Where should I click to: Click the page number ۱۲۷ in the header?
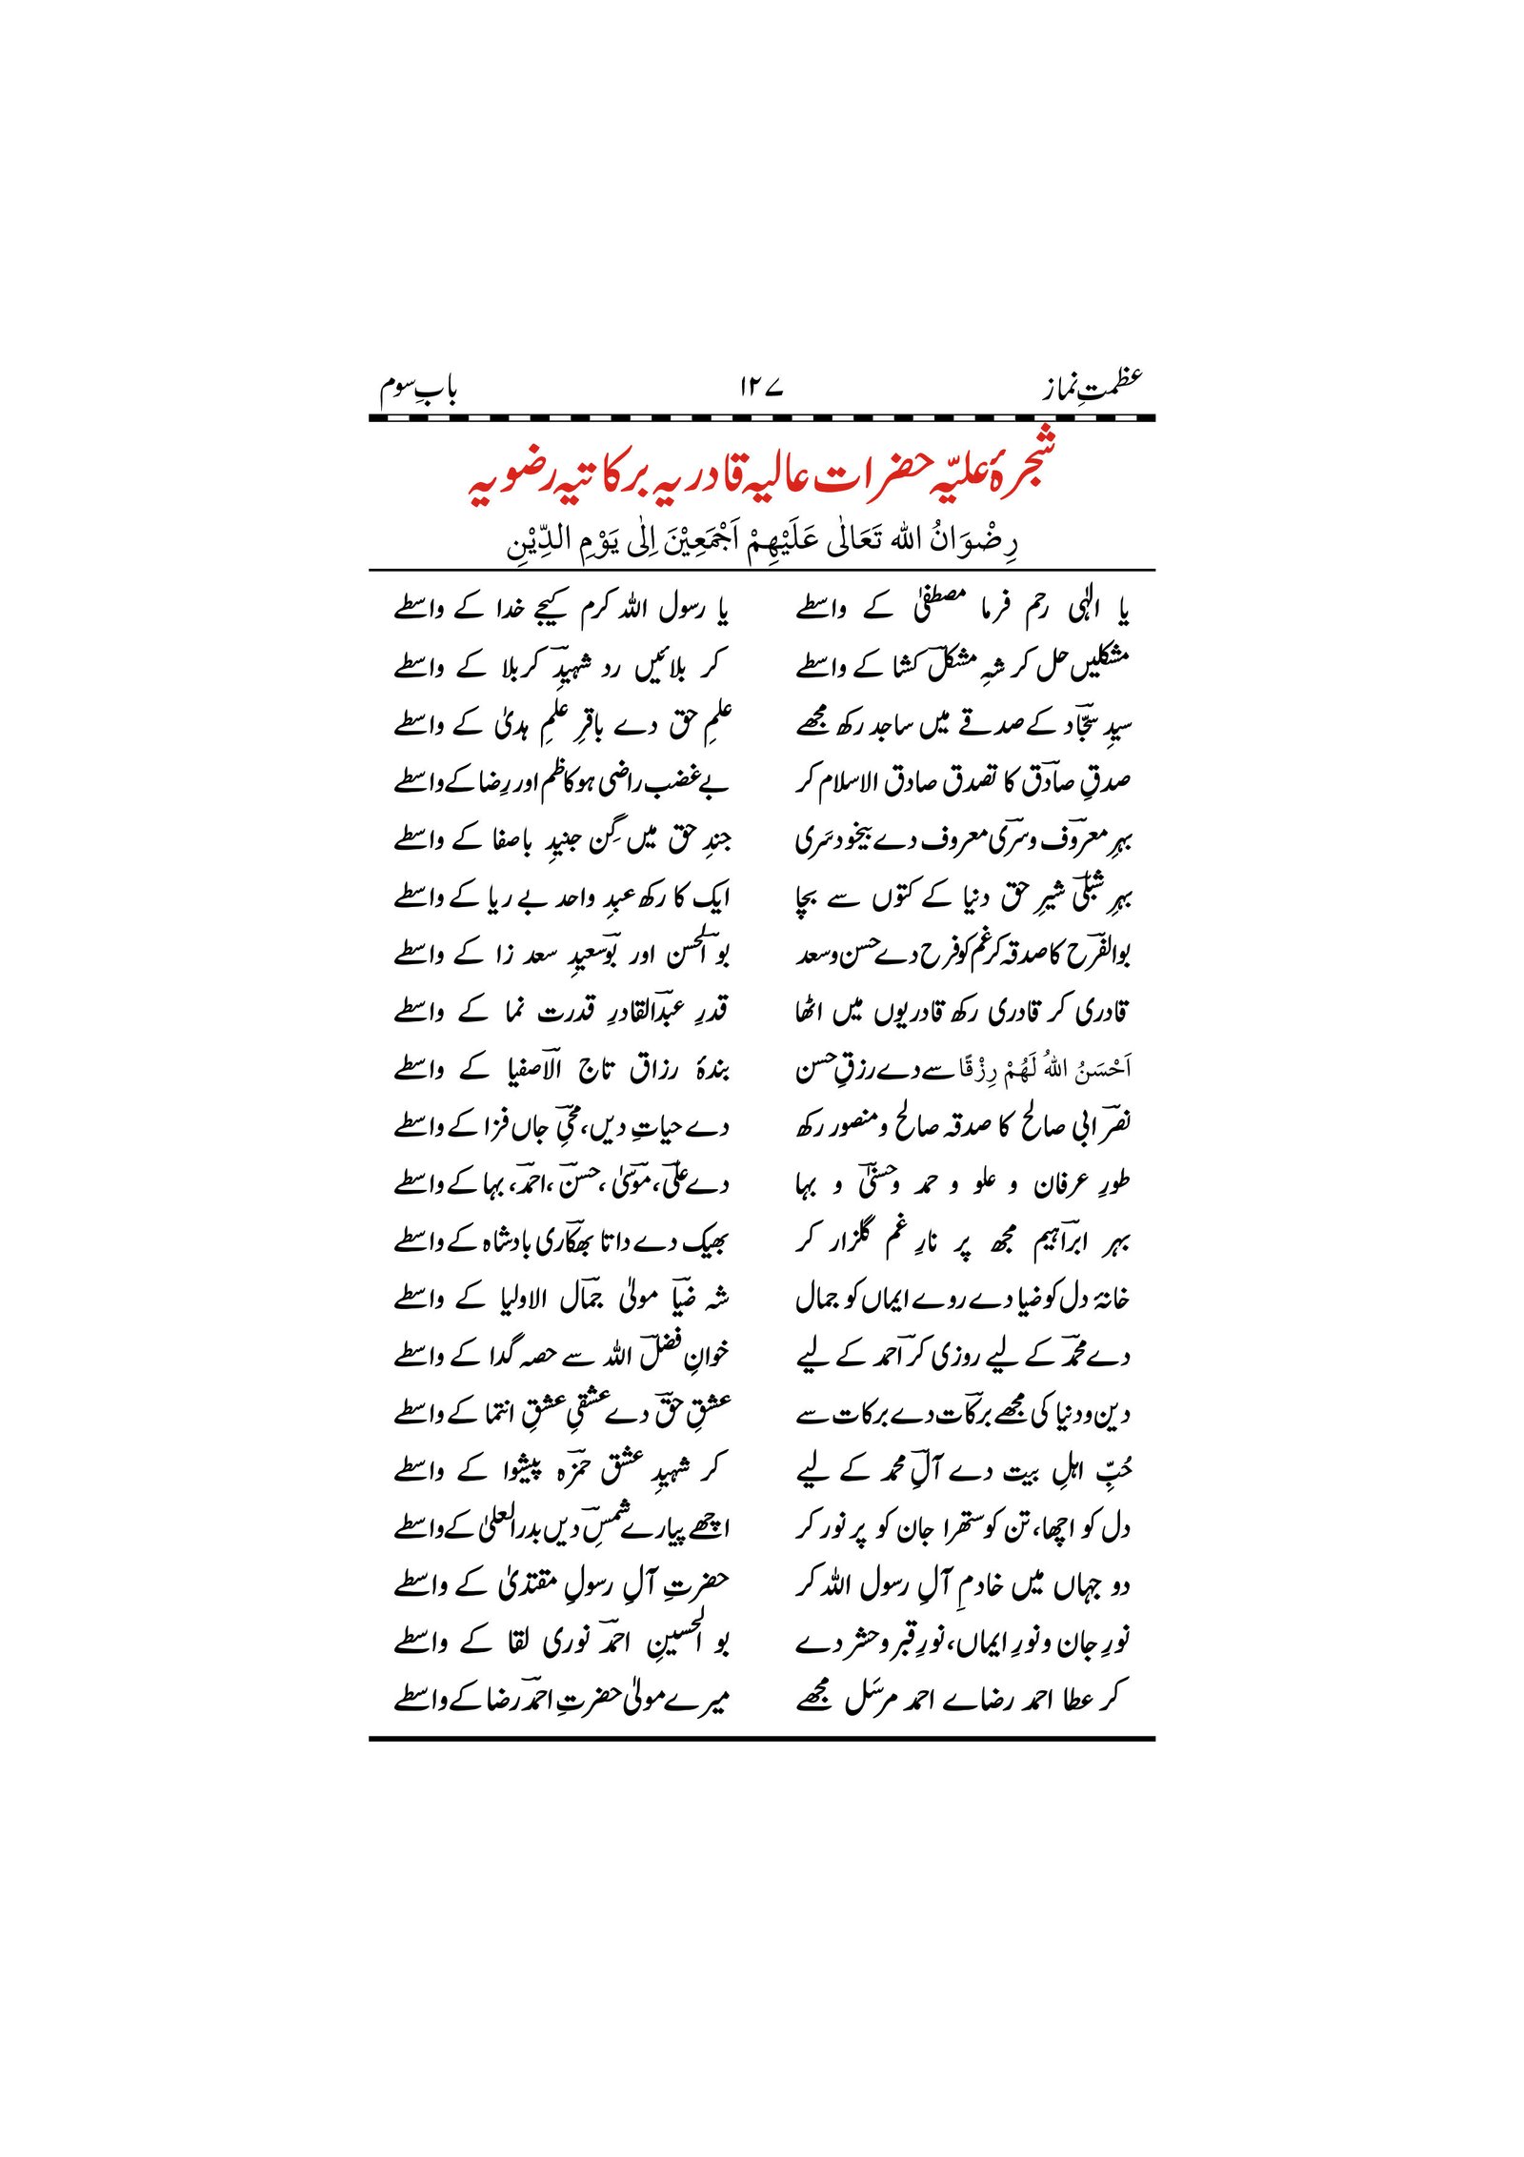click(x=760, y=388)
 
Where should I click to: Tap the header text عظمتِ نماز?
click(x=1091, y=386)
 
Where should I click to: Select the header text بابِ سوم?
click(x=419, y=389)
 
